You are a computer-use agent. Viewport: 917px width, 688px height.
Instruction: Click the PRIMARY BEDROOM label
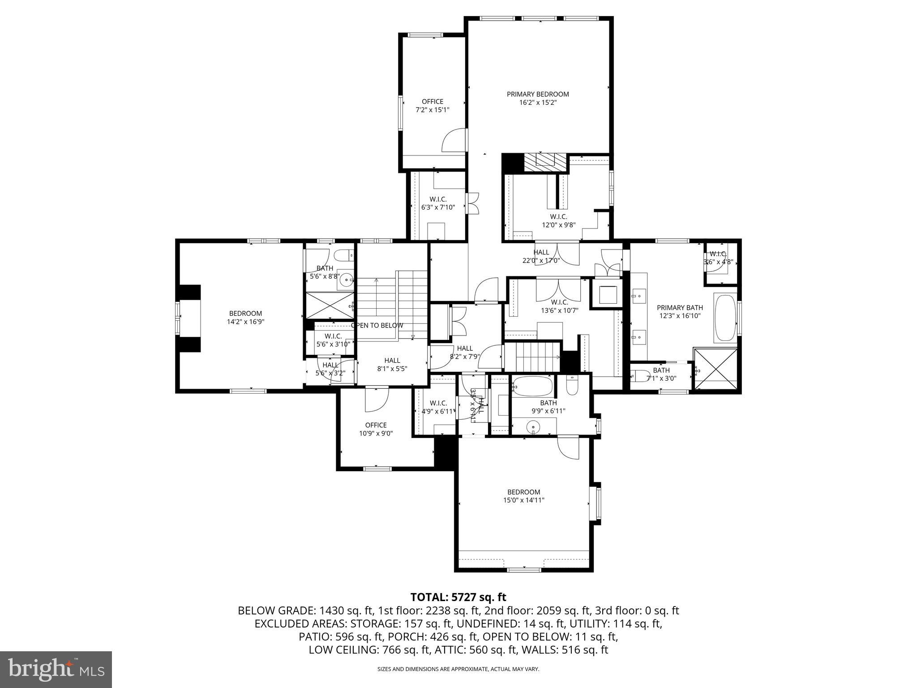pyautogui.click(x=538, y=94)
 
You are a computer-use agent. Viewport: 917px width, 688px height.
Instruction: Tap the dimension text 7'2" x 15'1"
pyautogui.click(x=432, y=109)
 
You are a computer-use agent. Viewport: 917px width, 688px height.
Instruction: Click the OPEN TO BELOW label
pyautogui.click(x=377, y=326)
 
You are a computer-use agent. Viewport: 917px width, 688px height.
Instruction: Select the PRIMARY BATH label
pyautogui.click(x=680, y=308)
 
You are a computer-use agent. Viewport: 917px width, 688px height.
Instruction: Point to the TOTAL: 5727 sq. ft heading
pyautogui.click(x=458, y=597)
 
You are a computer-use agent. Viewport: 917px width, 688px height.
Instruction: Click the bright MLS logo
pyautogui.click(x=56, y=669)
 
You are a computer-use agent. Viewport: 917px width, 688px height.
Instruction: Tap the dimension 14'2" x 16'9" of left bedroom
pyautogui.click(x=245, y=322)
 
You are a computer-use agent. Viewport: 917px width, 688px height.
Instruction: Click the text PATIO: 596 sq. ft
pyautogui.click(x=341, y=637)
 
